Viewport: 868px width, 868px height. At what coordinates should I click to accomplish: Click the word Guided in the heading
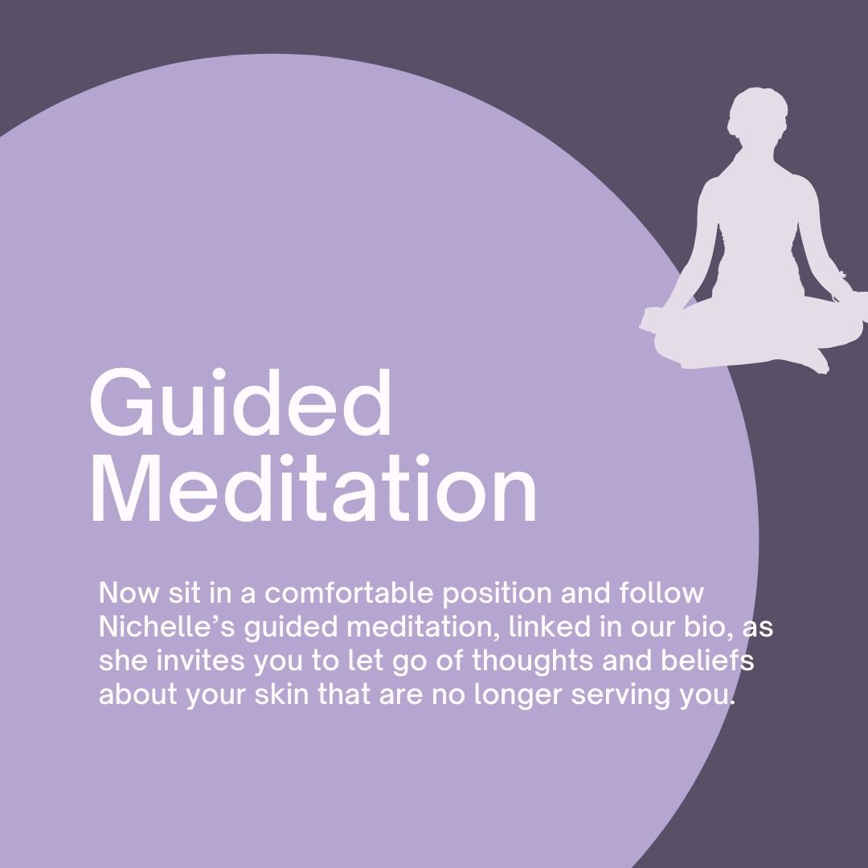[x=241, y=403]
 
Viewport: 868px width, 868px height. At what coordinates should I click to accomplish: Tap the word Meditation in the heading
[x=314, y=489]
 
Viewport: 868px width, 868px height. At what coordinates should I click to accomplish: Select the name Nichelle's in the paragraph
[x=167, y=627]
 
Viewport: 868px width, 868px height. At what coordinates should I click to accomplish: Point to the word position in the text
[x=497, y=593]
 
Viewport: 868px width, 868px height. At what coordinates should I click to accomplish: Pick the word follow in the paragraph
[x=661, y=592]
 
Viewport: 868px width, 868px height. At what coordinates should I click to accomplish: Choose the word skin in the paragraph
[x=282, y=694]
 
